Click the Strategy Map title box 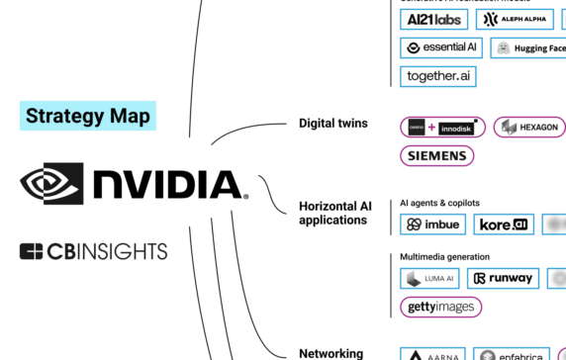point(88,116)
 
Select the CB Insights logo point(93,251)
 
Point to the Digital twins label point(333,124)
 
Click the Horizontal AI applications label point(332,213)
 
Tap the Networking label point(330,353)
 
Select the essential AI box point(441,47)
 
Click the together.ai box point(439,76)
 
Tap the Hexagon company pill point(529,128)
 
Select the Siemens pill point(436,156)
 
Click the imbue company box point(432,225)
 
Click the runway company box point(503,279)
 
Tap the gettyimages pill point(440,307)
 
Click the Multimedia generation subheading point(445,257)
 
